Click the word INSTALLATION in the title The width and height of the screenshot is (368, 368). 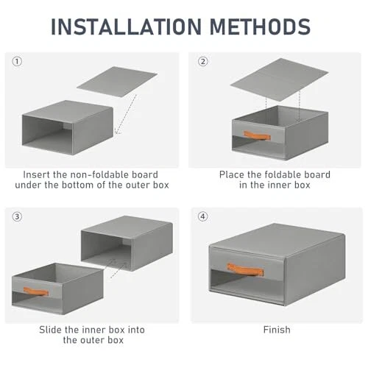pos(126,26)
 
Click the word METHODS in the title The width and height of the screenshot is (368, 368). pos(261,26)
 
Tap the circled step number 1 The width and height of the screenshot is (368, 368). pos(17,61)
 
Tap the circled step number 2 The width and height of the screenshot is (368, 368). pos(203,61)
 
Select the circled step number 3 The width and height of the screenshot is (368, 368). pos(17,216)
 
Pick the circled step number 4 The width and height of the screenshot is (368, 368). pos(203,216)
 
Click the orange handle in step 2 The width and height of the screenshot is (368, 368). pos(257,135)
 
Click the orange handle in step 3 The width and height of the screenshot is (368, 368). pos(36,291)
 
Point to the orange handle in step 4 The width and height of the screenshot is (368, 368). pos(245,269)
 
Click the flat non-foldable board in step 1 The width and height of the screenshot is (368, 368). pos(117,82)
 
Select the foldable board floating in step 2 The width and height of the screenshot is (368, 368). pos(279,79)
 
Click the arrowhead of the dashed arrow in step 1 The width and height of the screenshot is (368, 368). pos(116,132)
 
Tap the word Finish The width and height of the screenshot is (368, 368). pos(277,330)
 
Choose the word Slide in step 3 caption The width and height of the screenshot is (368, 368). pos(51,330)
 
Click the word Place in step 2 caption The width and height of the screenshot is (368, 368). pos(232,174)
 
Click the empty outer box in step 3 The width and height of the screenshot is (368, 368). pos(127,243)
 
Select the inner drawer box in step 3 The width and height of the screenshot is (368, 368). pos(57,289)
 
